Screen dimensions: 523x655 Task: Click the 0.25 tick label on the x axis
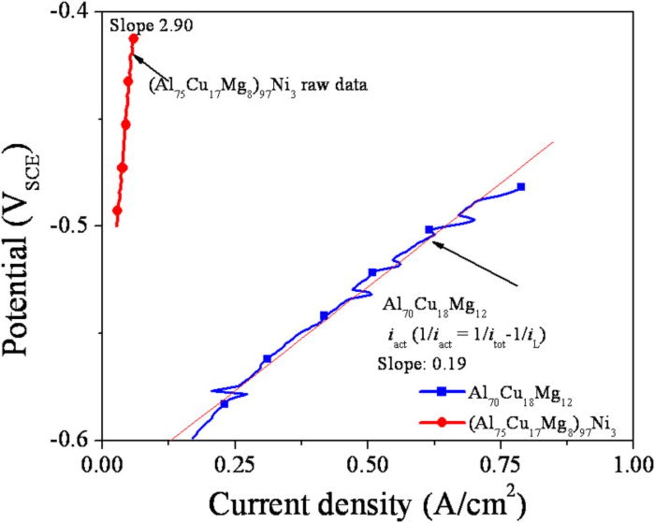235,465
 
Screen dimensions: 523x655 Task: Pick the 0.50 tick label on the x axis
367,465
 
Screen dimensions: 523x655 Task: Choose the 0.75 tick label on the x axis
500,465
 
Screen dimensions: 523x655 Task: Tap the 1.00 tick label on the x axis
633,465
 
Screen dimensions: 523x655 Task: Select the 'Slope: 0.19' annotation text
422,363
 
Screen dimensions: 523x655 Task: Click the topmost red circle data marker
134,38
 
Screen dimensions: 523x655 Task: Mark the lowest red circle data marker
117,210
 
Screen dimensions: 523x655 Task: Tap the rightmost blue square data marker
521,187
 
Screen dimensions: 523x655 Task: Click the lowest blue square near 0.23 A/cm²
224,404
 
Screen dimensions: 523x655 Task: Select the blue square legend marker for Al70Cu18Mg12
442,392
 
